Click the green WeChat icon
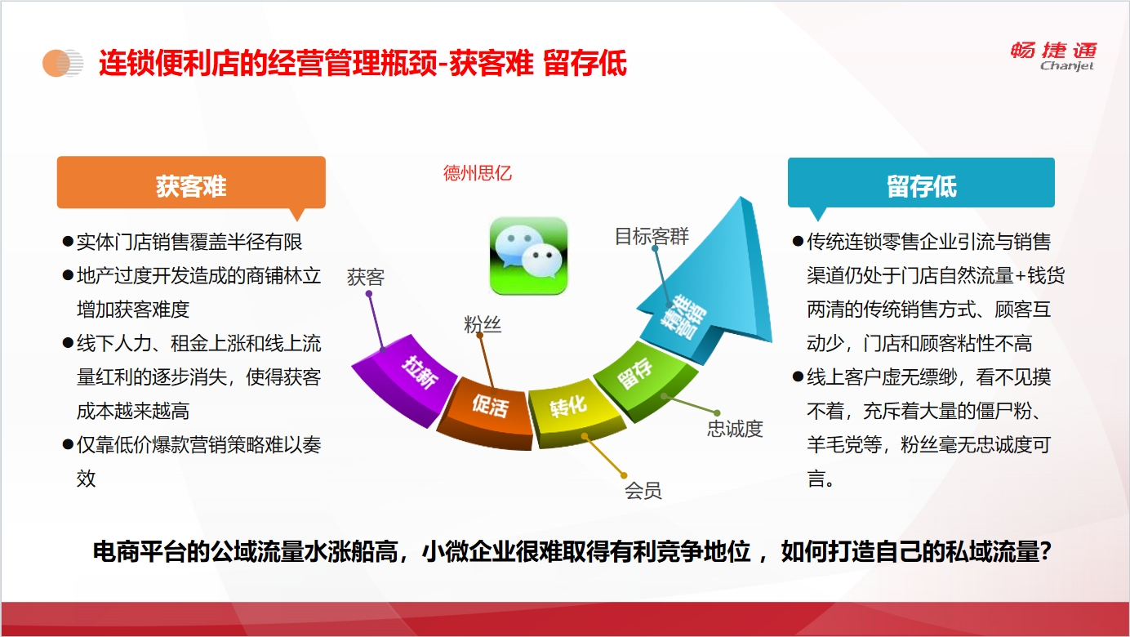point(529,256)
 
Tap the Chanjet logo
point(1054,56)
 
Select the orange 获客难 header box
point(191,183)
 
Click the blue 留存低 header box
point(921,183)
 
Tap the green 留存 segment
point(643,379)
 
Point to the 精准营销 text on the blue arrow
point(683,315)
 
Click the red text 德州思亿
point(477,173)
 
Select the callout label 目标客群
point(652,236)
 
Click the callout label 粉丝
point(483,324)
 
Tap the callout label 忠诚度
point(735,429)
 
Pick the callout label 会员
point(643,491)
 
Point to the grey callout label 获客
point(366,277)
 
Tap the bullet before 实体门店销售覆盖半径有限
point(68,241)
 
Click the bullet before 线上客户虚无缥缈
point(798,376)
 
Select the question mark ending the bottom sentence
point(1045,552)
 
